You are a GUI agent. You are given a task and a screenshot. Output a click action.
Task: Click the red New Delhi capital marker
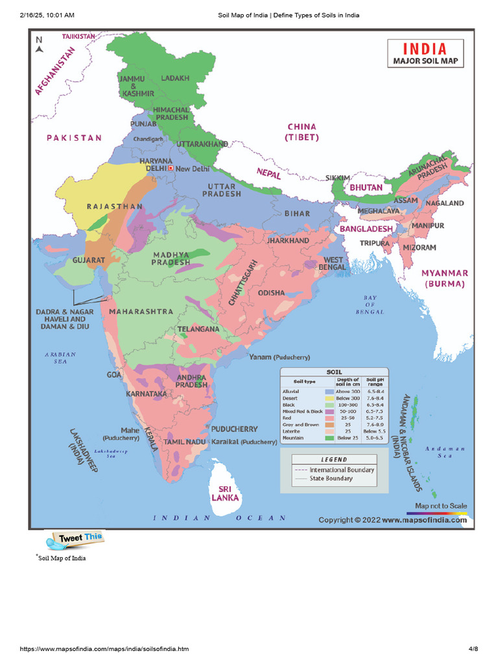coord(171,168)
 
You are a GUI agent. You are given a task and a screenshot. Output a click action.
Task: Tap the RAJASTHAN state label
coord(115,206)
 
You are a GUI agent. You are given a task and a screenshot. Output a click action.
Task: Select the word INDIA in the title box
coord(425,49)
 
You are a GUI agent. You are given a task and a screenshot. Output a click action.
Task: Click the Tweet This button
coord(75,538)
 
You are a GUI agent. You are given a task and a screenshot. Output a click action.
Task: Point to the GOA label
coord(114,375)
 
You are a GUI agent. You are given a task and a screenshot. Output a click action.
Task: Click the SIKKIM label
coord(337,177)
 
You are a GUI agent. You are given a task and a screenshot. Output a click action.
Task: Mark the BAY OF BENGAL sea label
coord(370,305)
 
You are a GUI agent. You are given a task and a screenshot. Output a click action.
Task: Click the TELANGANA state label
coord(198,329)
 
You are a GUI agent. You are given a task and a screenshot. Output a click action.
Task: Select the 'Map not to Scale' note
coord(440,506)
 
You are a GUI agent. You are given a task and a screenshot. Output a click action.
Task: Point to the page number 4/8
coord(473,649)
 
